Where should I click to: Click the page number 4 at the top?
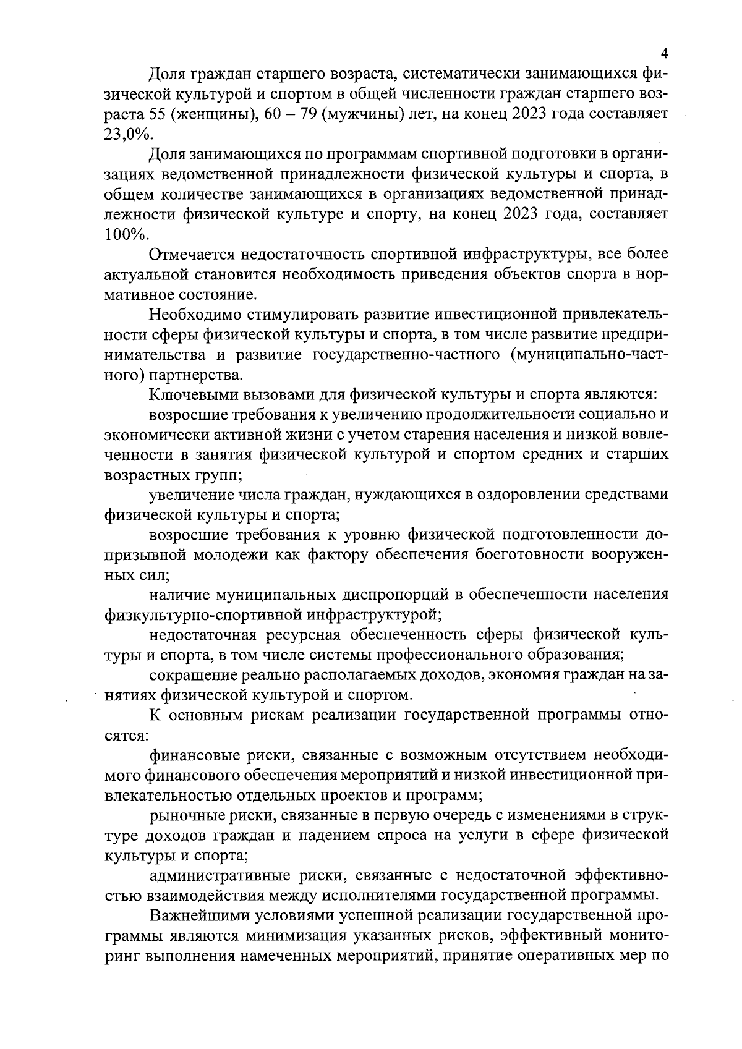click(664, 53)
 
